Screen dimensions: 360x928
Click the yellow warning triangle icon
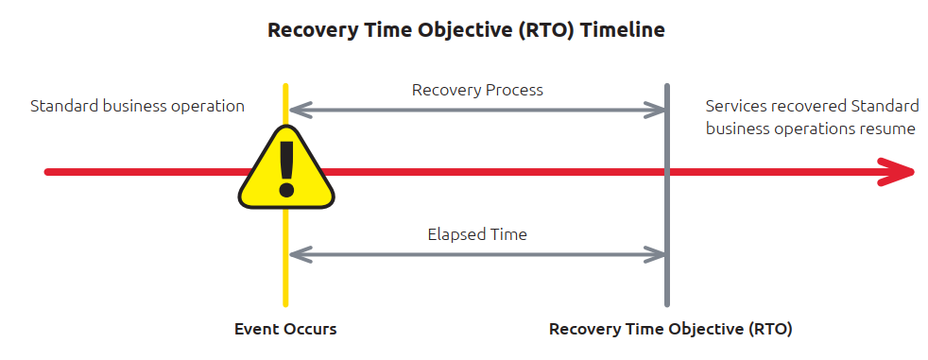click(285, 171)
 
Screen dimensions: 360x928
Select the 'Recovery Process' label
click(477, 91)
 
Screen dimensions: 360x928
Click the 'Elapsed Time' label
click(477, 233)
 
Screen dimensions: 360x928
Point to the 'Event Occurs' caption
click(285, 330)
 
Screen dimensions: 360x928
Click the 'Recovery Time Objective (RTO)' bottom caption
click(670, 330)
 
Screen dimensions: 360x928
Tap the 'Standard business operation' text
click(137, 106)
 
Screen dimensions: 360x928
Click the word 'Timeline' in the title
click(623, 30)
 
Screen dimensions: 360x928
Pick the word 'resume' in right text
click(885, 129)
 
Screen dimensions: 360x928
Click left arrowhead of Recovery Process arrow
click(296, 111)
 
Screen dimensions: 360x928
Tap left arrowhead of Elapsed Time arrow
click(296, 253)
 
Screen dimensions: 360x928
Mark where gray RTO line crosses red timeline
click(667, 172)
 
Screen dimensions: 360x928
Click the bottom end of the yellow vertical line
click(284, 303)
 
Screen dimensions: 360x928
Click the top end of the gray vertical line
click(667, 87)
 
